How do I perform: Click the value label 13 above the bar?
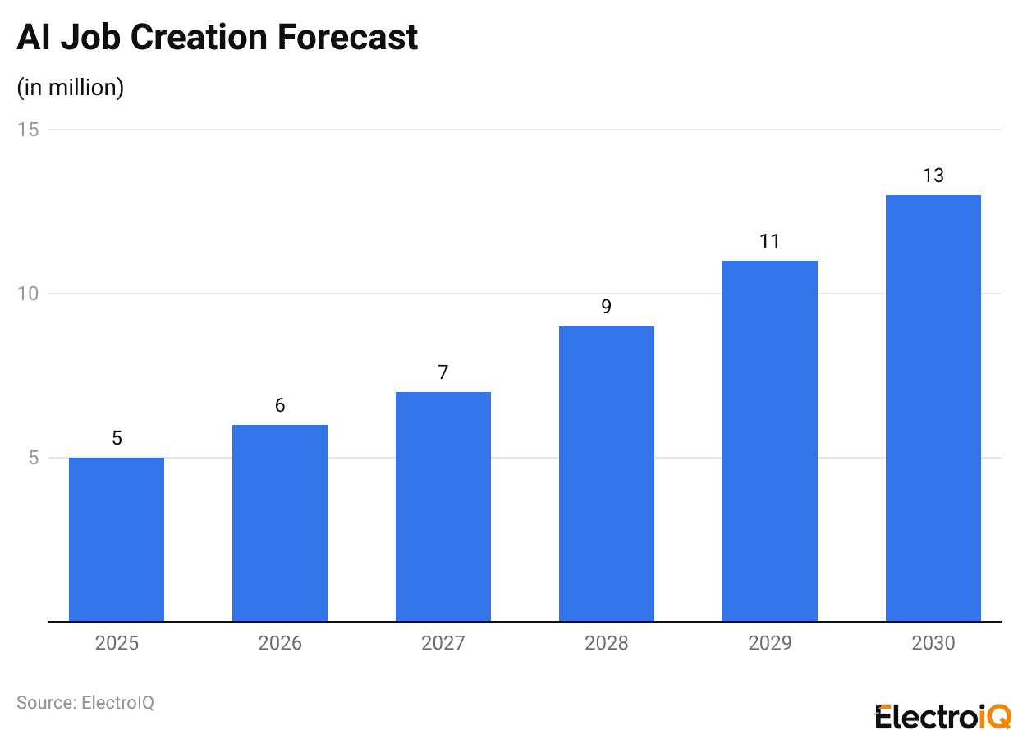click(933, 176)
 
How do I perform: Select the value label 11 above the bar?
click(770, 241)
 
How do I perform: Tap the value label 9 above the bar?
click(607, 307)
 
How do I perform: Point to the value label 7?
click(443, 372)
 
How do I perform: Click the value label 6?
click(280, 405)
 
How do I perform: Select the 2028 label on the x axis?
click(607, 643)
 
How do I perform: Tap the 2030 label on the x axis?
click(933, 643)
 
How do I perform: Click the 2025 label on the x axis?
click(117, 643)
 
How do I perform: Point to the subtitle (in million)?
click(71, 87)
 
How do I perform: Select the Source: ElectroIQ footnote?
click(85, 703)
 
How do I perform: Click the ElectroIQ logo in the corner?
click(943, 715)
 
